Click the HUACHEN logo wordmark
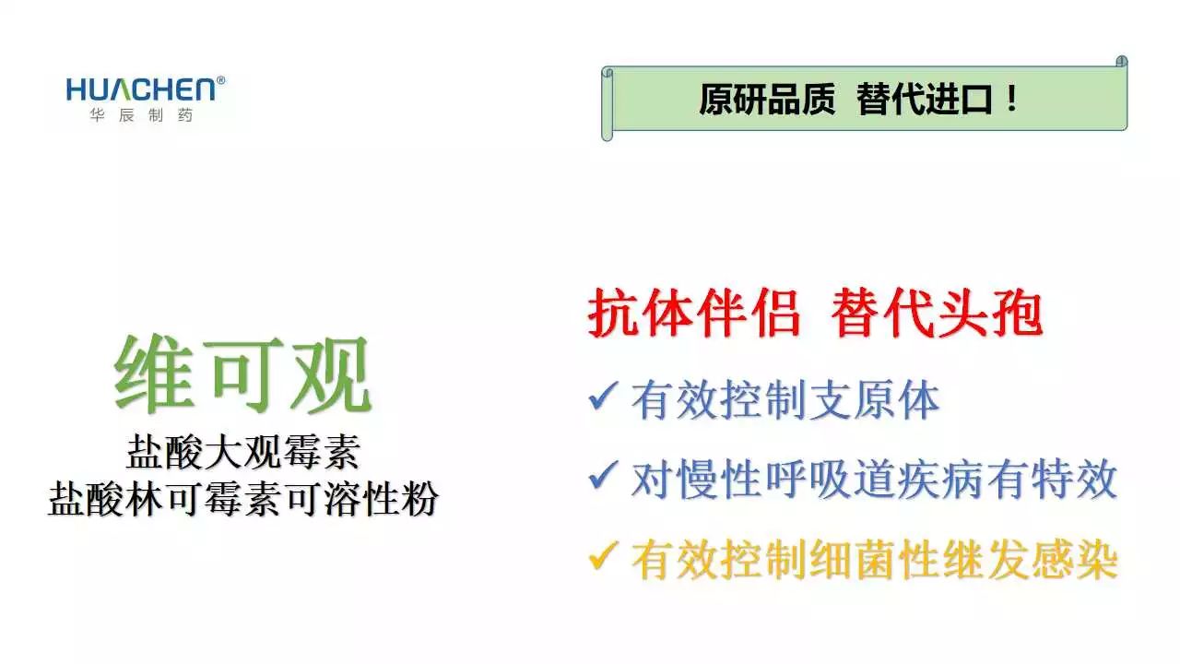click(x=141, y=89)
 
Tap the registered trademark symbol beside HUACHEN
click(x=220, y=80)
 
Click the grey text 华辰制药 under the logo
click(x=141, y=115)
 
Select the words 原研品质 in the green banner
click(x=767, y=99)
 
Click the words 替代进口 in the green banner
click(x=925, y=99)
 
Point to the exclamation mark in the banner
click(x=1011, y=99)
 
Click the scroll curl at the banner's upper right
click(x=1122, y=62)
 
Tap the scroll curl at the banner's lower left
click(x=608, y=134)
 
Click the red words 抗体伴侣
click(x=694, y=313)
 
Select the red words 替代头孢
click(x=938, y=313)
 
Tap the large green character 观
click(x=330, y=374)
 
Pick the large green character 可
click(x=242, y=374)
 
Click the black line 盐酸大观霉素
click(x=243, y=452)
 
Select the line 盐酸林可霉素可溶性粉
click(x=243, y=499)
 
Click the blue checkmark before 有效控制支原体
click(x=602, y=396)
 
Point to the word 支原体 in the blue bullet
click(x=875, y=400)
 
